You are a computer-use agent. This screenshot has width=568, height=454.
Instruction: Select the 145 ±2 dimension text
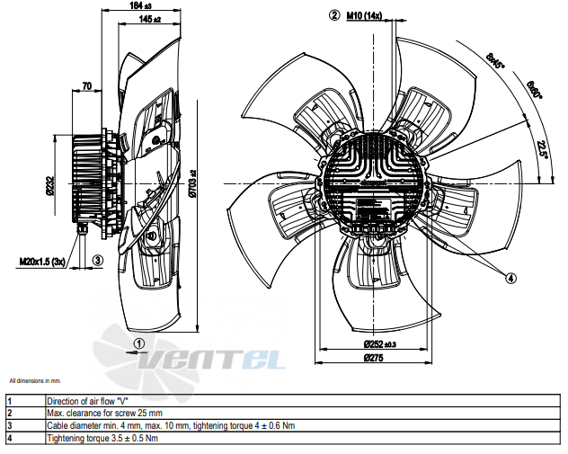point(149,19)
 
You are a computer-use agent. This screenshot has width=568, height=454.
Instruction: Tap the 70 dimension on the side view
point(87,86)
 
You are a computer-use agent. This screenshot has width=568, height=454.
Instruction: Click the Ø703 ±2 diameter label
point(192,183)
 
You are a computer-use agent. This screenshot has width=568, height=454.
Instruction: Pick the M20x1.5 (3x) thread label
point(42,262)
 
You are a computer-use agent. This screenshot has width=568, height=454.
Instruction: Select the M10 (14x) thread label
point(364,15)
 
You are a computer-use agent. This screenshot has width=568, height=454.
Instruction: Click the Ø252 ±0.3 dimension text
point(379,343)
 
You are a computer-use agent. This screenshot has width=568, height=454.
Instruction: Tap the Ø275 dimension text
point(373,358)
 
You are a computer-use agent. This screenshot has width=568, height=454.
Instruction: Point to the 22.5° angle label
point(543,148)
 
